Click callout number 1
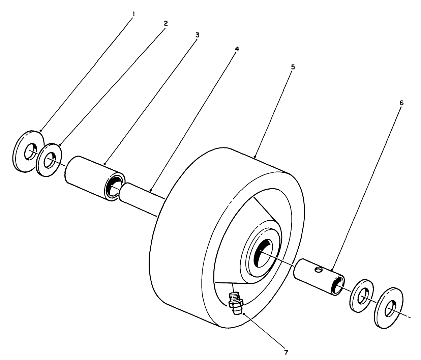(x=134, y=15)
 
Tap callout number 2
(x=166, y=23)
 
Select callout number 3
(x=198, y=35)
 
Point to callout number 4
(x=237, y=49)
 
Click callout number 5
(x=293, y=67)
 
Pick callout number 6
(x=401, y=103)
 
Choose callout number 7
(x=286, y=353)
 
